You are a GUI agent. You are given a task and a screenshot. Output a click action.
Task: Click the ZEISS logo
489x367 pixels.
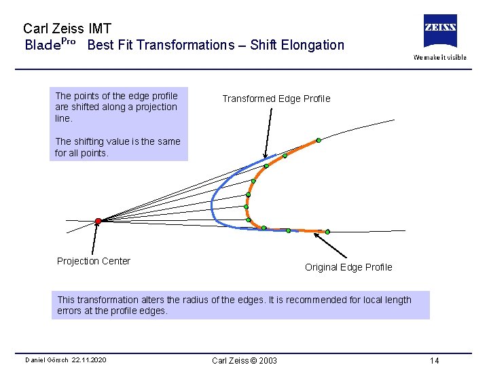coord(440,31)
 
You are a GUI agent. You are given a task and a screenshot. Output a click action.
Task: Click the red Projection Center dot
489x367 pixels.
coord(98,221)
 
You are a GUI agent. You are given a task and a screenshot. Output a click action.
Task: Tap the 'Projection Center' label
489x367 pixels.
coord(94,261)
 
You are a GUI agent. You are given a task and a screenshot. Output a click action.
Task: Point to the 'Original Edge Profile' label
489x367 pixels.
coord(348,267)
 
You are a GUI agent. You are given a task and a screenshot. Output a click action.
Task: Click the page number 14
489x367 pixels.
coord(434,360)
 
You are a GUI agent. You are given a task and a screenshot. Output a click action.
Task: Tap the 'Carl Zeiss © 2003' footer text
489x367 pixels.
coord(244,360)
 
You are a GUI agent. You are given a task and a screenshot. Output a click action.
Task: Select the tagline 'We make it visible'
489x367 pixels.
coord(440,57)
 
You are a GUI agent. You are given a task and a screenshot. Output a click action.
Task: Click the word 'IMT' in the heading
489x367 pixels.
coord(99,29)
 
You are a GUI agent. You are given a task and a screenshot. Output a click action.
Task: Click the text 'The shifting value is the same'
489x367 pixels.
coord(117,141)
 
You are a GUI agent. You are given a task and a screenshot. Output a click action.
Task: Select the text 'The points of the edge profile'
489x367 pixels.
coord(116,96)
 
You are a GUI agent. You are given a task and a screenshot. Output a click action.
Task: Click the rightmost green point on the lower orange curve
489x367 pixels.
coord(327,232)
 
